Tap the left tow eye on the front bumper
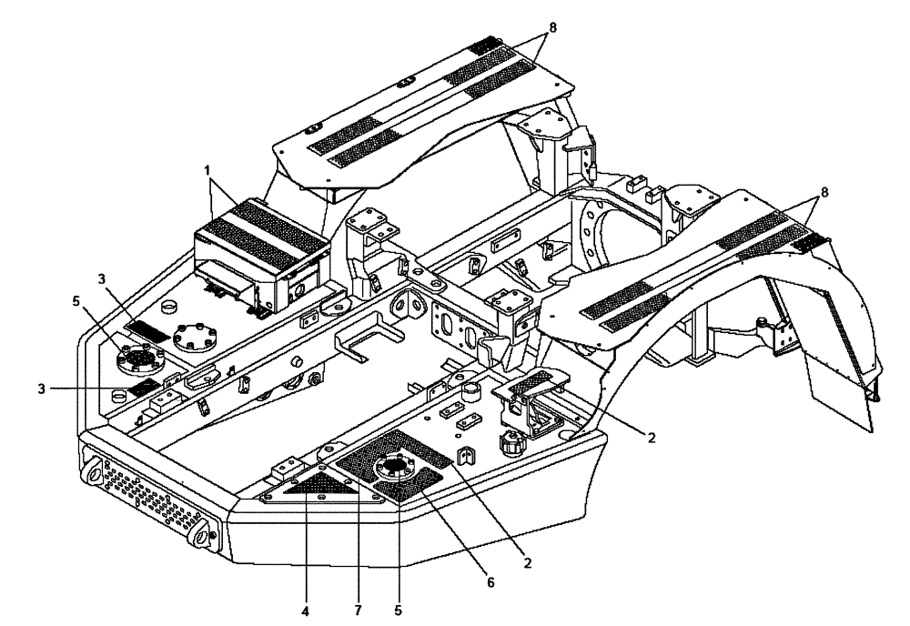click(94, 474)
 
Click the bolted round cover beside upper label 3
click(193, 338)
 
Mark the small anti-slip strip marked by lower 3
click(144, 387)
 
